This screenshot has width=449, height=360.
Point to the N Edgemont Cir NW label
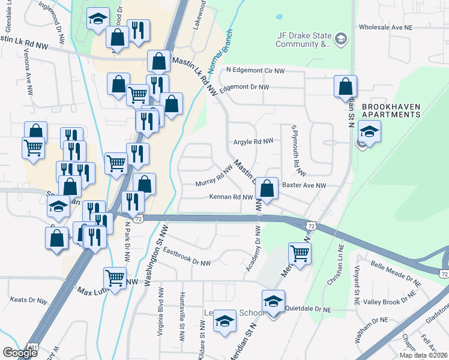pyautogui.click(x=255, y=70)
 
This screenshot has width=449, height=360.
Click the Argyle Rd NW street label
pyautogui.click(x=253, y=141)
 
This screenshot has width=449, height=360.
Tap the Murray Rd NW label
pyautogui.click(x=214, y=176)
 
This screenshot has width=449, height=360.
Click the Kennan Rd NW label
pyautogui.click(x=231, y=197)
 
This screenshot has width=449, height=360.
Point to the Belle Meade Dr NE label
pyautogui.click(x=399, y=272)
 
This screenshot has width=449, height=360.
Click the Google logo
pyautogui.click(x=19, y=353)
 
